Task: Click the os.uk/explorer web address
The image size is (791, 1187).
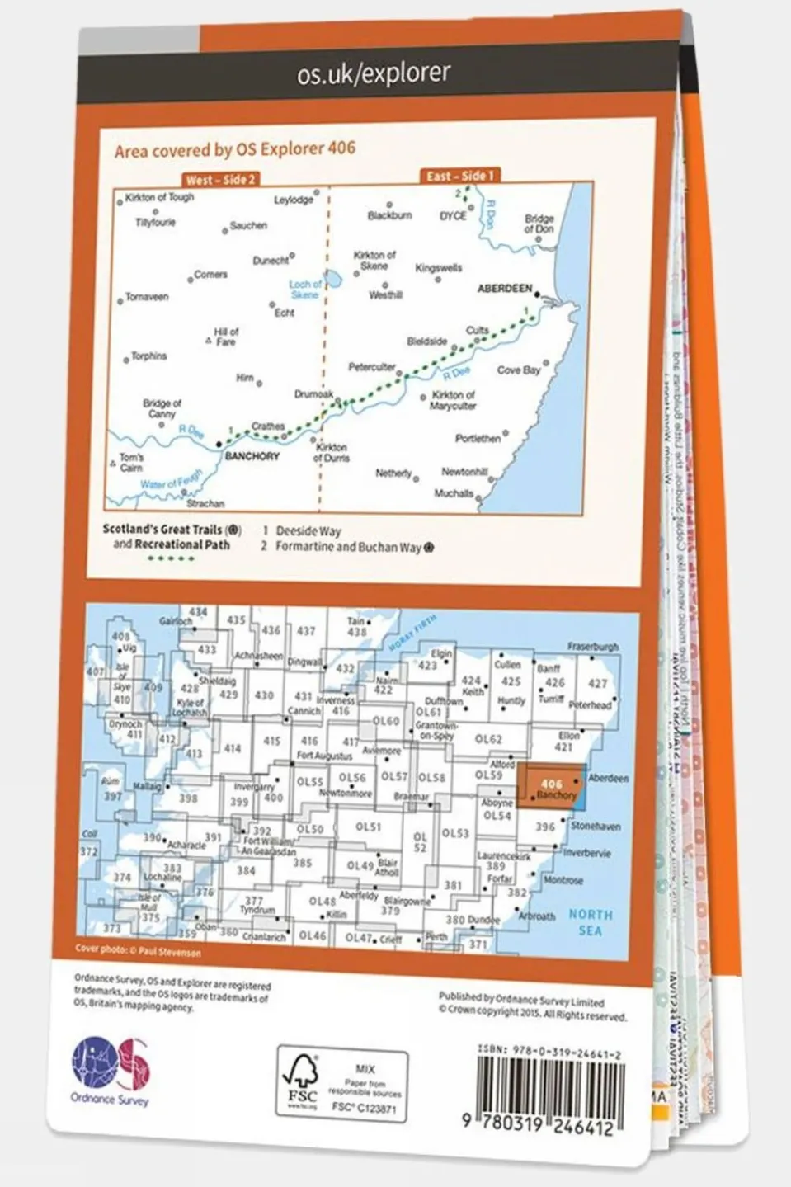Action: point(374,75)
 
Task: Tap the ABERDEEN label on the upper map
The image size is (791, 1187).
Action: point(505,289)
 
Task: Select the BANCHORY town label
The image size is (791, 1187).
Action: point(252,456)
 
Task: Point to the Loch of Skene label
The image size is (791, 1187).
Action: point(304,289)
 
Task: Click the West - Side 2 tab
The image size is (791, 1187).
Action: point(220,179)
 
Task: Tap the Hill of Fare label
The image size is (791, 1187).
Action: point(225,337)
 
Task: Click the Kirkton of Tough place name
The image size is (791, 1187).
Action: point(159,198)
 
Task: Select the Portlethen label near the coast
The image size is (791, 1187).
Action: point(478,439)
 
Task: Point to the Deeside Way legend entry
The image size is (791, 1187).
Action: point(308,531)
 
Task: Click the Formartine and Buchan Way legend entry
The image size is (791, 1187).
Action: point(348,547)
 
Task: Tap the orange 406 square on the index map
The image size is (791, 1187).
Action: point(551,789)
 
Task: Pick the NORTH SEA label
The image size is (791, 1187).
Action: point(590,922)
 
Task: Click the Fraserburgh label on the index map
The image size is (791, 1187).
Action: point(592,648)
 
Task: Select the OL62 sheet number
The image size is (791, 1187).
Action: point(488,740)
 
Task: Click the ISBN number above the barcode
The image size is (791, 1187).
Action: point(549,1053)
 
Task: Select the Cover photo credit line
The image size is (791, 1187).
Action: point(138,950)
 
